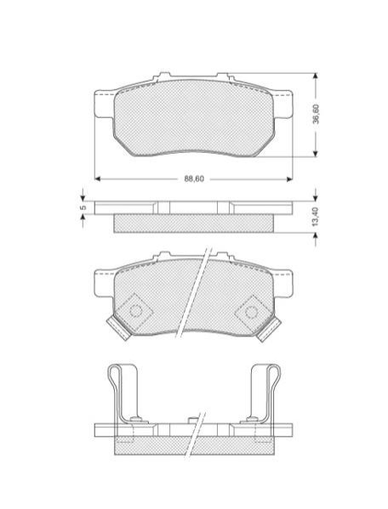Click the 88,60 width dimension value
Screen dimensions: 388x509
point(194,178)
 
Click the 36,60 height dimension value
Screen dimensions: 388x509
point(316,114)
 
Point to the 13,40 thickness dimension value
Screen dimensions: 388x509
point(315,216)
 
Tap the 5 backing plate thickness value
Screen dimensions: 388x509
point(83,207)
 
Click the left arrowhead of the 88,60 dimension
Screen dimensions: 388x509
point(97,178)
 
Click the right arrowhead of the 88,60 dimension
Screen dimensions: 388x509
point(289,178)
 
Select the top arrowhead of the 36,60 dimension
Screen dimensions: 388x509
point(315,76)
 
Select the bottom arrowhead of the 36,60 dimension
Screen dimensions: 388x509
point(315,154)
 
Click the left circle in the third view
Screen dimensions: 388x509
point(136,310)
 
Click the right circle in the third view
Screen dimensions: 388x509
point(251,312)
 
